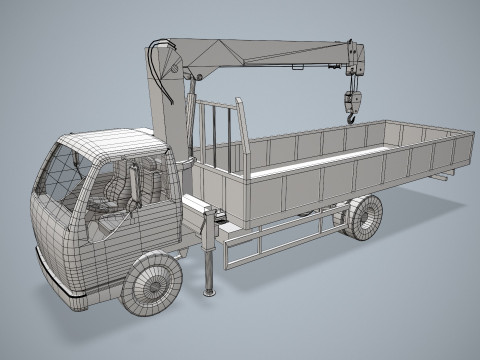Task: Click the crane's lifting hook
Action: point(352,117)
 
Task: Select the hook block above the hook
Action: point(351,100)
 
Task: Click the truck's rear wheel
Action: point(364,217)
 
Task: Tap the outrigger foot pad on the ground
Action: point(209,292)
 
